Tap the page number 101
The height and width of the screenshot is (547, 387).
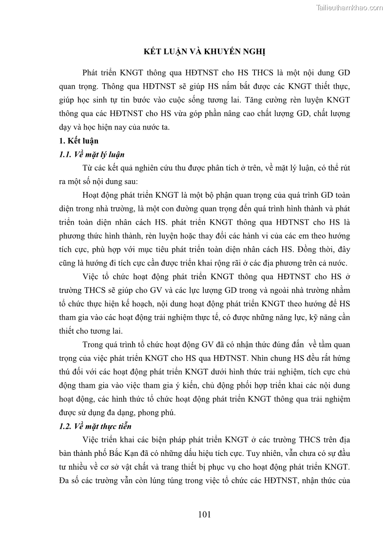click(x=204, y=514)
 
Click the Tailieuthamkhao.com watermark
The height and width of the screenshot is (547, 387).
click(x=349, y=7)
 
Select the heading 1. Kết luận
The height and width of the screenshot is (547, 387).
click(x=78, y=141)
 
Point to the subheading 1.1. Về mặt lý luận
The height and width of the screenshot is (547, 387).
click(x=92, y=155)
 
